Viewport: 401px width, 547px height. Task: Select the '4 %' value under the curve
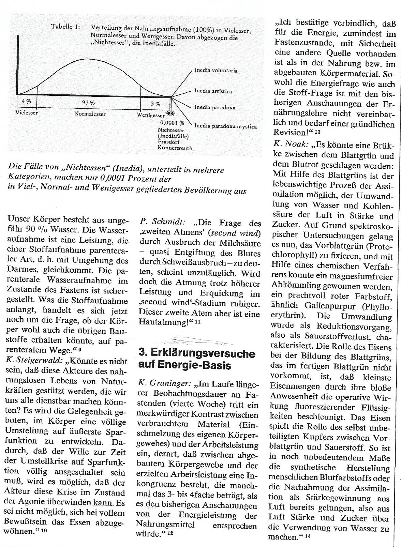pos(26,101)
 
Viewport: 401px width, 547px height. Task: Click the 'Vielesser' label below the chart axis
pos(27,112)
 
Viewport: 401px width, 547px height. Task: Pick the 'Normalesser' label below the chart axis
pos(90,114)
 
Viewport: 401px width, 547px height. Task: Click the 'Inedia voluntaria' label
pos(216,71)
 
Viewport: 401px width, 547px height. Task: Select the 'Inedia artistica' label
pos(213,91)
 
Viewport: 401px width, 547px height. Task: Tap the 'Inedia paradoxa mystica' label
pos(225,126)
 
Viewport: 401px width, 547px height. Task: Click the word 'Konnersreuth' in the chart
pos(175,148)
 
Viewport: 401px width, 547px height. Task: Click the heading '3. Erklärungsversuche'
pos(197,353)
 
